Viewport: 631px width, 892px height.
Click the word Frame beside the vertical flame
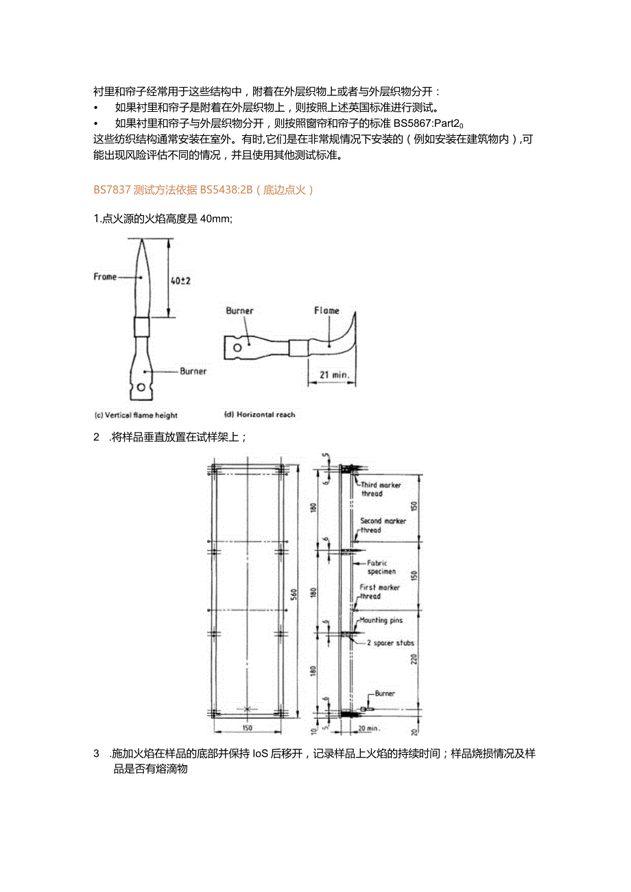[105, 277]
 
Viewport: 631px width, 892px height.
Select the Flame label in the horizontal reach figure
[326, 311]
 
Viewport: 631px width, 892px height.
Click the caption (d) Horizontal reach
[260, 415]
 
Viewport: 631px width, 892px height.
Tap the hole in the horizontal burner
[237, 348]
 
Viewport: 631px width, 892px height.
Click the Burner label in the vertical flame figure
[193, 371]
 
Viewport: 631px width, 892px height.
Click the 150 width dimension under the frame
[247, 727]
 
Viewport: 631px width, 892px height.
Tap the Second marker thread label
[383, 525]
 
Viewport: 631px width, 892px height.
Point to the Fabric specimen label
[381, 567]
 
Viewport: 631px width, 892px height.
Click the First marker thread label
[379, 592]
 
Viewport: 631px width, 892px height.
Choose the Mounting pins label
[381, 620]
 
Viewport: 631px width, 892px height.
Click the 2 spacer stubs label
[390, 642]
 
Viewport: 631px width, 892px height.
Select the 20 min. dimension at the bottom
[369, 728]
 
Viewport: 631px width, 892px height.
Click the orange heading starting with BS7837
[204, 190]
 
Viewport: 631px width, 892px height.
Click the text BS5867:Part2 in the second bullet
[425, 123]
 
